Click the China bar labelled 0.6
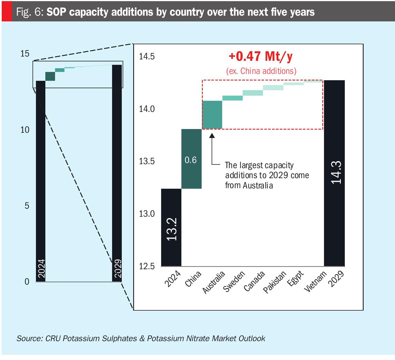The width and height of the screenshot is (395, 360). (x=191, y=159)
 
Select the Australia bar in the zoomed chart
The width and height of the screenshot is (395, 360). (x=212, y=115)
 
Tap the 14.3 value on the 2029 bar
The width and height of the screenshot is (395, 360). (x=336, y=172)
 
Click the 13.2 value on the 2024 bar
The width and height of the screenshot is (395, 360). (x=172, y=229)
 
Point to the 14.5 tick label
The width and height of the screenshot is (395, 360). (x=147, y=56)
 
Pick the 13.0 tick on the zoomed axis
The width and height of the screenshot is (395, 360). (x=147, y=214)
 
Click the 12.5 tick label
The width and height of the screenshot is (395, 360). (x=147, y=266)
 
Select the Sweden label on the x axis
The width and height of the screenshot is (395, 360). (x=234, y=281)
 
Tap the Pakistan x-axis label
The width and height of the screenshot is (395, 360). (x=274, y=282)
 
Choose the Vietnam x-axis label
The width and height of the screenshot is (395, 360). (x=315, y=281)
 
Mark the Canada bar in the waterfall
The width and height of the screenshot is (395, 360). (x=253, y=93)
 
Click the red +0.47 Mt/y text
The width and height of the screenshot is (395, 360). (x=261, y=56)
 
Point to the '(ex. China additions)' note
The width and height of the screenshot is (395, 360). (x=261, y=71)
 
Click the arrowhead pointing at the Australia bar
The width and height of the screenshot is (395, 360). (x=212, y=135)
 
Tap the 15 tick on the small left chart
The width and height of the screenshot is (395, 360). (x=25, y=54)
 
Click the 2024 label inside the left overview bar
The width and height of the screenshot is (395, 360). (x=41, y=268)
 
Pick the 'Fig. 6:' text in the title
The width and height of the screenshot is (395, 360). (x=29, y=12)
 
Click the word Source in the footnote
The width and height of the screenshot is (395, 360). (x=29, y=338)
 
